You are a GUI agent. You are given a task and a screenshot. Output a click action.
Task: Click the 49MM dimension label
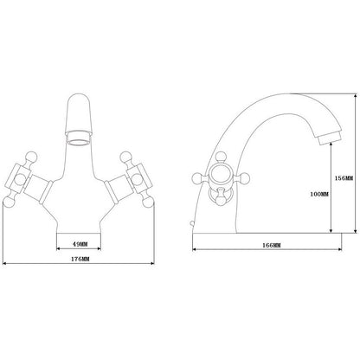coord(80,244)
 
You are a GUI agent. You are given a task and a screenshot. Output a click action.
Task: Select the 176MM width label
coord(80,259)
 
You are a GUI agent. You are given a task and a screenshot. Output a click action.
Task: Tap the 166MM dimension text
coord(272,246)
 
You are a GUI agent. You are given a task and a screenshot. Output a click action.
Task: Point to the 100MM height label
coord(319,194)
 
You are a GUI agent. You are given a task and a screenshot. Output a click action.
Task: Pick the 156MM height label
coord(344,178)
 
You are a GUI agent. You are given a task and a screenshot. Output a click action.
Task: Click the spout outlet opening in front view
coord(79,142)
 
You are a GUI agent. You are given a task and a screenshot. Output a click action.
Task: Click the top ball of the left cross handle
coord(31,157)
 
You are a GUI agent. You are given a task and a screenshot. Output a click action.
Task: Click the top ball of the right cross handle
coord(125,157)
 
